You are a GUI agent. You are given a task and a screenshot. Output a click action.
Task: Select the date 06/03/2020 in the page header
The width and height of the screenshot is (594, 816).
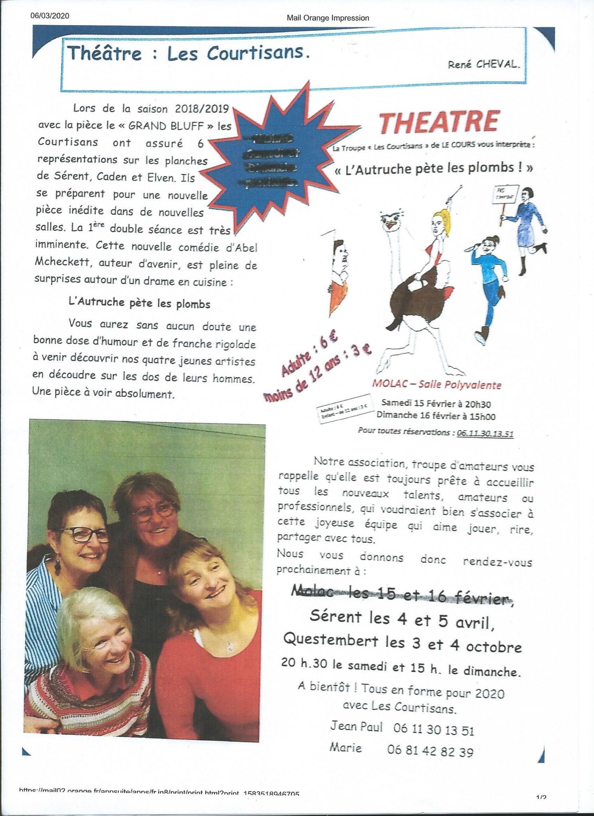49,16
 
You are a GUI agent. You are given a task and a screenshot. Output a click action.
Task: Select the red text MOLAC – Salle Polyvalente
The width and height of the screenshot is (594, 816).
436,385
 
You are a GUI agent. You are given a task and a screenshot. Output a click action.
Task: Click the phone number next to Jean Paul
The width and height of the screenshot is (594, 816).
433,730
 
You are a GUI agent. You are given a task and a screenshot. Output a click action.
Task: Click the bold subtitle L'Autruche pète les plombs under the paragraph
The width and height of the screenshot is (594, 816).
139,303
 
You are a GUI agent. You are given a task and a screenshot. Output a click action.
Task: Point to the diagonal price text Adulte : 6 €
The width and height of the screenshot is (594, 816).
309,356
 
